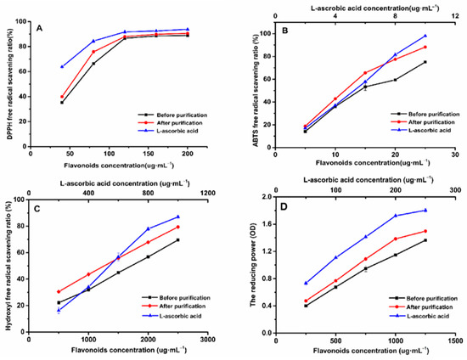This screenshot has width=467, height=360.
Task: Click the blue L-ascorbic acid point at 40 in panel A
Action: pyautogui.click(x=62, y=66)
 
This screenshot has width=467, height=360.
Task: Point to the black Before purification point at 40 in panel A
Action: pyautogui.click(x=62, y=103)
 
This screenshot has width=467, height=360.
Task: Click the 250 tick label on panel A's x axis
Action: pyautogui.click(x=207, y=155)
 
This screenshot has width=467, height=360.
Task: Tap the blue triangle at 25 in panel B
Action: pyautogui.click(x=425, y=36)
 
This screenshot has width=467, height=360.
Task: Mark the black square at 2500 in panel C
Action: pyautogui.click(x=178, y=240)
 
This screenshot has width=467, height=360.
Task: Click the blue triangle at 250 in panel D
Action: pyautogui.click(x=306, y=283)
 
